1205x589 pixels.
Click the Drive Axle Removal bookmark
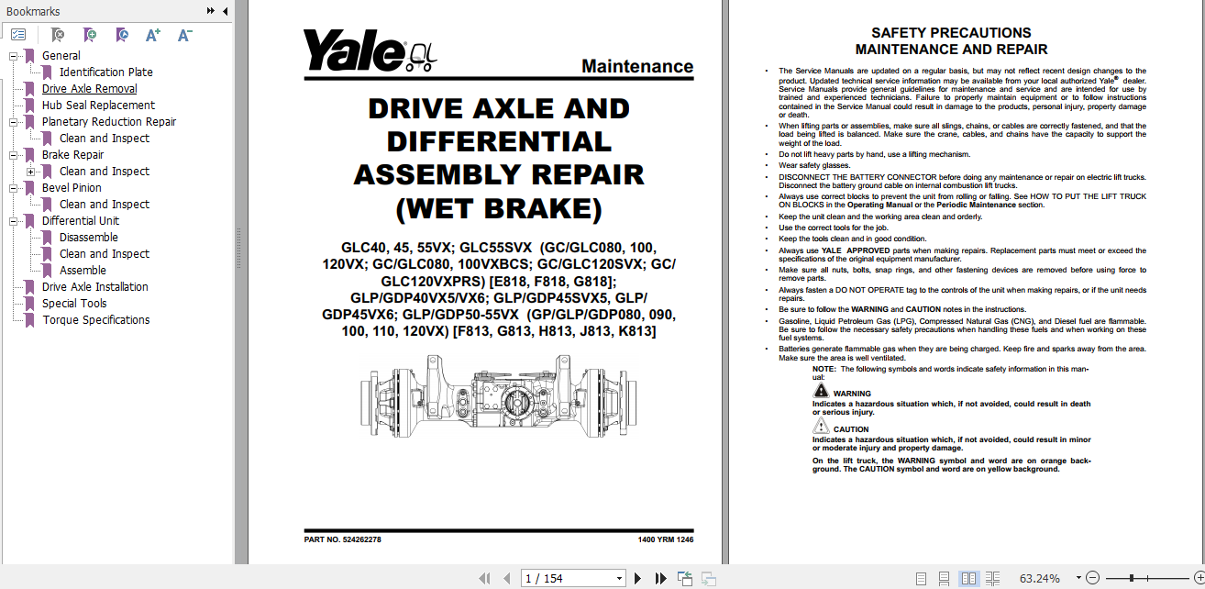pyautogui.click(x=89, y=89)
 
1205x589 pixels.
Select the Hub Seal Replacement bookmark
pyautogui.click(x=98, y=106)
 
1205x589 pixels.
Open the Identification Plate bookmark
pyautogui.click(x=105, y=72)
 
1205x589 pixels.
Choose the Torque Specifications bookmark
pyautogui.click(x=95, y=320)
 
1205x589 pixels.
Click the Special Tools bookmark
pyautogui.click(x=73, y=304)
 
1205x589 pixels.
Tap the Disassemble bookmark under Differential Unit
pyautogui.click(x=88, y=238)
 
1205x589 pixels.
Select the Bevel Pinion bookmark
pyautogui.click(x=72, y=188)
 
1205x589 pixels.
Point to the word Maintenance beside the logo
pyautogui.click(x=636, y=66)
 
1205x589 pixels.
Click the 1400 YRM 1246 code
pyautogui.click(x=665, y=539)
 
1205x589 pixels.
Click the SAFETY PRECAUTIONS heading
pyautogui.click(x=951, y=33)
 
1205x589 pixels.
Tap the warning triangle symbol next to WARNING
pyautogui.click(x=821, y=391)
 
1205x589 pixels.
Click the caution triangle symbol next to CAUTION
pyautogui.click(x=821, y=427)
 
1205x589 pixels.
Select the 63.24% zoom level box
pyautogui.click(x=1039, y=578)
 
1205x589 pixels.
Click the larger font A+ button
pyautogui.click(x=153, y=35)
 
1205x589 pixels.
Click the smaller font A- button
pyautogui.click(x=184, y=35)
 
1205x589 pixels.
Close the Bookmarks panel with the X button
pyautogui.click(x=225, y=11)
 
